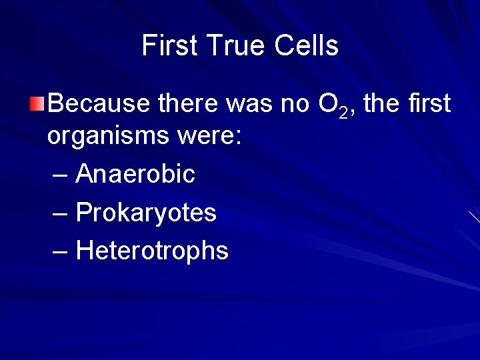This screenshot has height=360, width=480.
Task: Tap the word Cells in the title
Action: click(306, 46)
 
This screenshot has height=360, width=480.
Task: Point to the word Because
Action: click(100, 103)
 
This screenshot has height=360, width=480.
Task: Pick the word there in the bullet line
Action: click(189, 103)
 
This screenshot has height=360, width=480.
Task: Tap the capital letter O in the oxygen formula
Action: click(327, 103)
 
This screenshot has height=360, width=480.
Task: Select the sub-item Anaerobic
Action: click(135, 174)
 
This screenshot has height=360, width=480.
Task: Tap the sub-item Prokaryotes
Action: click(146, 213)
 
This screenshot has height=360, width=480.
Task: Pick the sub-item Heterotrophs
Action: click(152, 251)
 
